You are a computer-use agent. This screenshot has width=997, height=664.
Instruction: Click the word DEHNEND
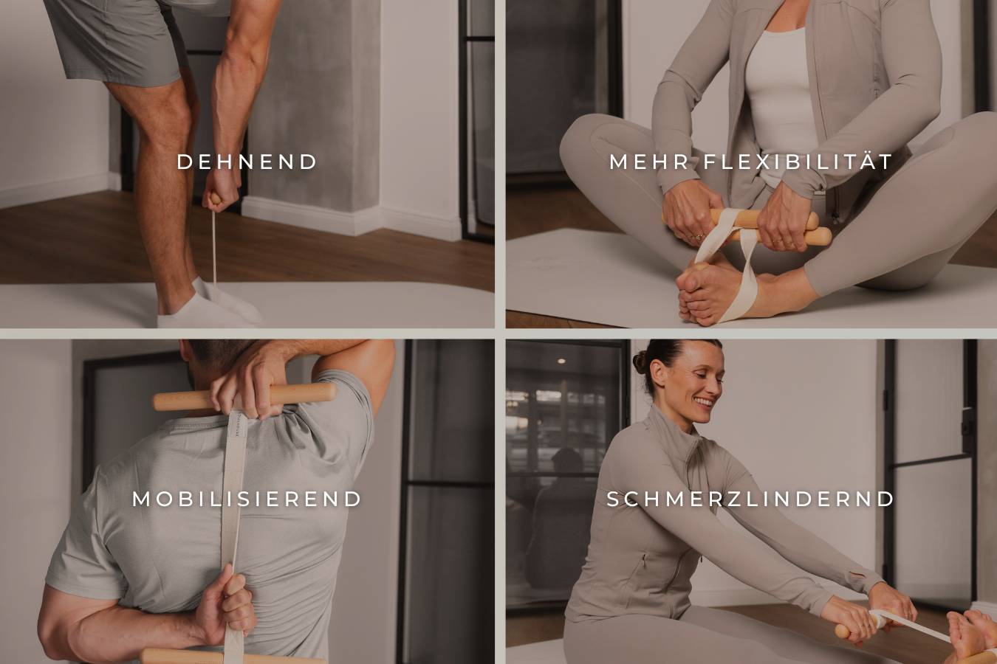click(x=247, y=162)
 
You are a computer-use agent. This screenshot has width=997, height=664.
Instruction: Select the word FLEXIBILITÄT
click(x=798, y=161)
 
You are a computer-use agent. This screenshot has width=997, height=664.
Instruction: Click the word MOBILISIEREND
click(x=247, y=499)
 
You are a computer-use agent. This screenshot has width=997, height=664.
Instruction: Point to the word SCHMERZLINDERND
click(x=750, y=499)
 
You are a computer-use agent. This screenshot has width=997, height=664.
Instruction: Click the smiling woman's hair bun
click(x=641, y=362)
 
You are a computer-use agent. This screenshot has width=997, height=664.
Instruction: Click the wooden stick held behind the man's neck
click(x=244, y=396)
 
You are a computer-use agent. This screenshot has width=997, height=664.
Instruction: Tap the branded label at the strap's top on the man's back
click(x=237, y=426)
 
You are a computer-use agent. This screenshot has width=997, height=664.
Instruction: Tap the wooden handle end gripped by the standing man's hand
click(x=216, y=198)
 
